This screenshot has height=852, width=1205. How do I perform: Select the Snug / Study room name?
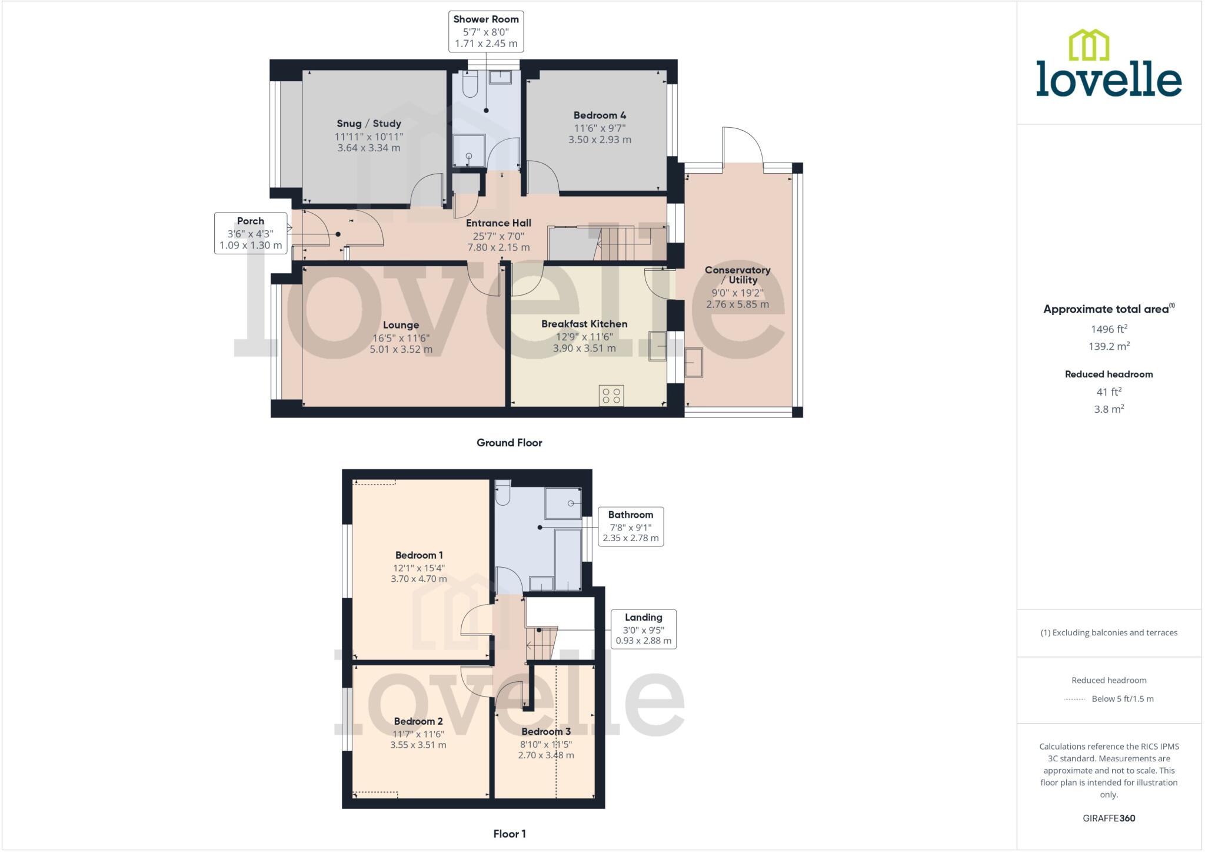[369, 124]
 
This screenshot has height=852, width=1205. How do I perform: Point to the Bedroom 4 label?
[600, 115]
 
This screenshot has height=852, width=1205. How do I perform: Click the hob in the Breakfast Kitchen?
[611, 395]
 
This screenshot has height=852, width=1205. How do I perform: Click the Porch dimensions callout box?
[251, 234]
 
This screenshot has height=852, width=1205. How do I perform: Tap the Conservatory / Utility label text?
[737, 275]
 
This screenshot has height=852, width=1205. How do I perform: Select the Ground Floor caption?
[509, 443]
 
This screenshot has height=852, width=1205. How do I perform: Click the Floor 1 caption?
[510, 834]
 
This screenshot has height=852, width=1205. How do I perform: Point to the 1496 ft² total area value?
[1109, 330]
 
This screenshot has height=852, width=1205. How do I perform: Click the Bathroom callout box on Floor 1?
[630, 526]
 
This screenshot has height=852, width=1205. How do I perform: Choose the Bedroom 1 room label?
[419, 555]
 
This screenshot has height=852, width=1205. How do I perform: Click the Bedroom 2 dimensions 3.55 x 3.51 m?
[418, 745]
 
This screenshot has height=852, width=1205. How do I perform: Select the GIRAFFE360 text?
[1109, 818]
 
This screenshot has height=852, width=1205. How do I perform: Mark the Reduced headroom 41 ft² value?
[1109, 392]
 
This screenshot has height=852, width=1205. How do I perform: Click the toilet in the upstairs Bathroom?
[502, 494]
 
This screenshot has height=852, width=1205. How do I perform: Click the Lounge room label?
[401, 325]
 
